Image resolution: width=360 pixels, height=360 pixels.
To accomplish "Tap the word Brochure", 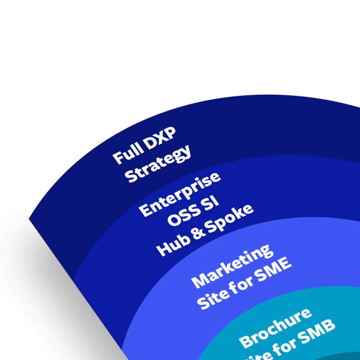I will (275, 328).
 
